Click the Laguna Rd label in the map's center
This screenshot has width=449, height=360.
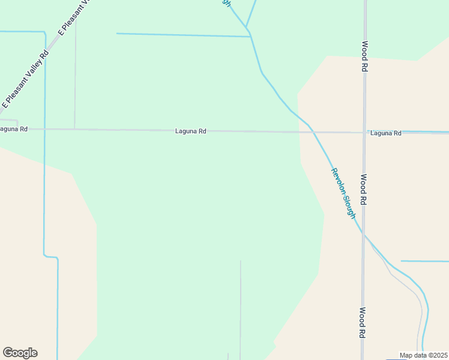191,131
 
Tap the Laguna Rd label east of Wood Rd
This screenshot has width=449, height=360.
385,133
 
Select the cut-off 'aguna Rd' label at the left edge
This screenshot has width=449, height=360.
13,129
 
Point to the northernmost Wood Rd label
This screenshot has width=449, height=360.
364,57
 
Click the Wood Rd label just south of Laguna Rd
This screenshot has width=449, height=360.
364,190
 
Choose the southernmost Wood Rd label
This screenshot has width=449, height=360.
363,323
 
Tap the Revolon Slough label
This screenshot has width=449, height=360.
344,193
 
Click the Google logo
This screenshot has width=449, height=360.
20,353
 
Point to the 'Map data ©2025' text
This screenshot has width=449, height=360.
424,355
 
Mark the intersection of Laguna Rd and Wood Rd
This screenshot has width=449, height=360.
364,132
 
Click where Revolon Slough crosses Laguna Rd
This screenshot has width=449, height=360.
312,131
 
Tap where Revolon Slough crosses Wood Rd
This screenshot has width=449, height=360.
363,233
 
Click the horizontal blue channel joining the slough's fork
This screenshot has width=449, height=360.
180,35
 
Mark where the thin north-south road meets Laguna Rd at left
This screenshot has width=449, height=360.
74,128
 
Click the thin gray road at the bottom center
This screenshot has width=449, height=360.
241,306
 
